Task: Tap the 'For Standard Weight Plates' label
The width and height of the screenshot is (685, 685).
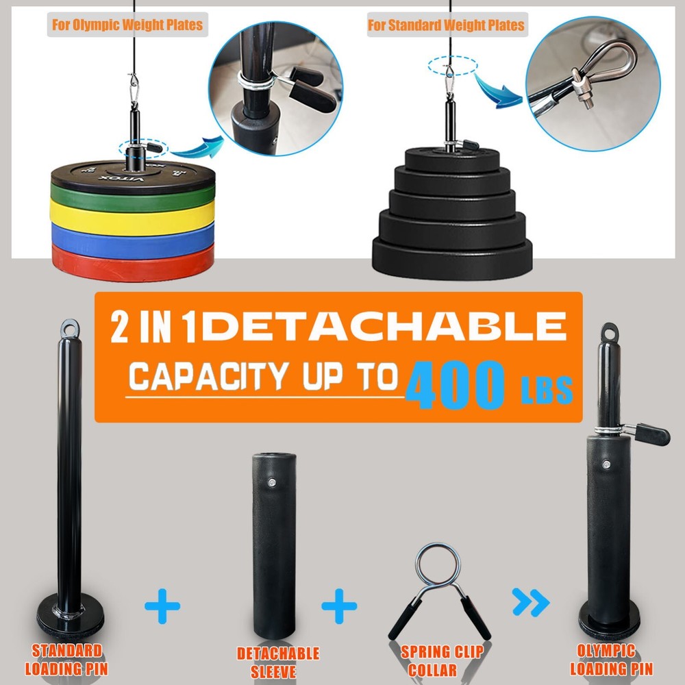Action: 446,26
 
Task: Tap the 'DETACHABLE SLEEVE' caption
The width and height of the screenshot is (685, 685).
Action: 278,662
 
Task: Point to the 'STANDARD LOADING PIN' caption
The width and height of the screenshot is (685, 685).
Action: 66,659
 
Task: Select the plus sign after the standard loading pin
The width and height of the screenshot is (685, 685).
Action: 162,606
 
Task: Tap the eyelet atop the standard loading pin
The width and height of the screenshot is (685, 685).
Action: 70,328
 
